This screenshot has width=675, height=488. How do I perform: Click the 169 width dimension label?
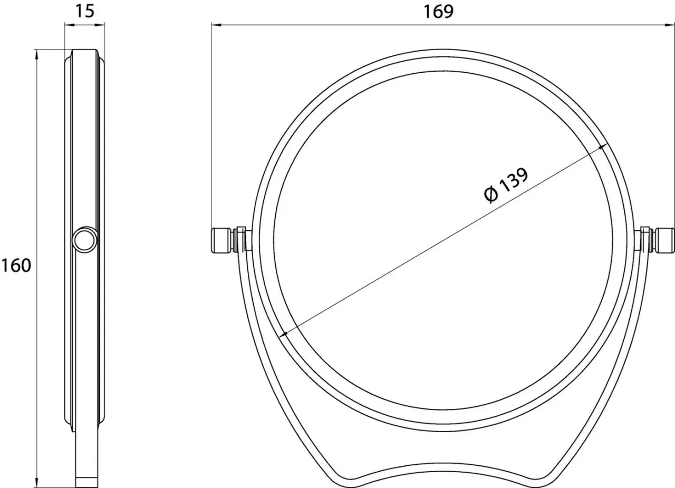438,12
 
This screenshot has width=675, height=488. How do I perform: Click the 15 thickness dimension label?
84,11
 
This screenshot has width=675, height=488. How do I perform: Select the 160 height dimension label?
16,266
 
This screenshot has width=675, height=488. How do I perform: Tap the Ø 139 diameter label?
506,186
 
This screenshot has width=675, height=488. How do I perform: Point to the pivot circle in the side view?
85,240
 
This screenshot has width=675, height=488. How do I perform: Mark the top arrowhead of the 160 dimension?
37,54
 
